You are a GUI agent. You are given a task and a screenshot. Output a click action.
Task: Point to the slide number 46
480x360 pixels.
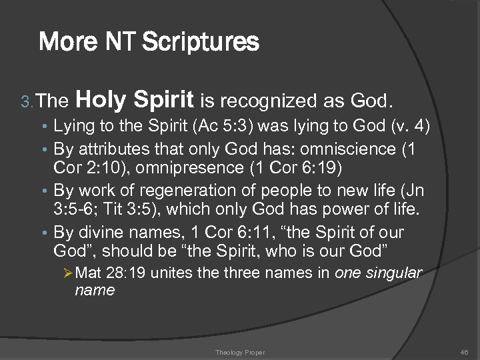pos(464,352)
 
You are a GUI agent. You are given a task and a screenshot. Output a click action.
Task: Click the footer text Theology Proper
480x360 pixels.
pos(239,352)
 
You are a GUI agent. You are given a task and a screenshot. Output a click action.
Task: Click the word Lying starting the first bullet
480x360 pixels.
pos(73,125)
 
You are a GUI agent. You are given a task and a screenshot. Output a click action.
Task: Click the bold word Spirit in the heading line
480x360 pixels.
pos(163,100)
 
